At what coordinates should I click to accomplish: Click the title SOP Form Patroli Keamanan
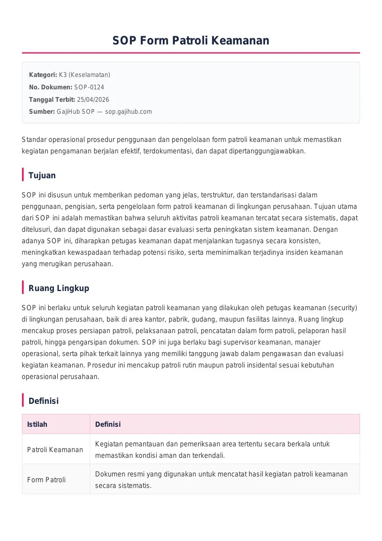(x=191, y=41)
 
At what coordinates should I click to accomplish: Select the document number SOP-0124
(x=89, y=87)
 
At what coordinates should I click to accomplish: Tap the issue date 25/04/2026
(x=93, y=99)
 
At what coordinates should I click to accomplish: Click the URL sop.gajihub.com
(x=128, y=112)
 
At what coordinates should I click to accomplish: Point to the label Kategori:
(x=43, y=75)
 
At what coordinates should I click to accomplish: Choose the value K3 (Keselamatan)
(x=85, y=75)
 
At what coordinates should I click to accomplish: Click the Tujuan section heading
(x=42, y=175)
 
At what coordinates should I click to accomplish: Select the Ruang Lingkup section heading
(x=59, y=288)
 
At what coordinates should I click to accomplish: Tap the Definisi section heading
(x=43, y=401)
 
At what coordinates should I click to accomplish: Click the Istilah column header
(x=37, y=424)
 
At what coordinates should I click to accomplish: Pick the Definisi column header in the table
(x=108, y=424)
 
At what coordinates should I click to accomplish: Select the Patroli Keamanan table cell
(x=55, y=450)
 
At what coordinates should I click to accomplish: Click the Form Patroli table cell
(x=46, y=479)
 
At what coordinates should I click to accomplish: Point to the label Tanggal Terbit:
(x=52, y=99)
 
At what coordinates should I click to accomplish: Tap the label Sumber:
(x=42, y=112)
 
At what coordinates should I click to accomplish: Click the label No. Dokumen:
(x=51, y=87)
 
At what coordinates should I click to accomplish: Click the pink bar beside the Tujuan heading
(x=23, y=175)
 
